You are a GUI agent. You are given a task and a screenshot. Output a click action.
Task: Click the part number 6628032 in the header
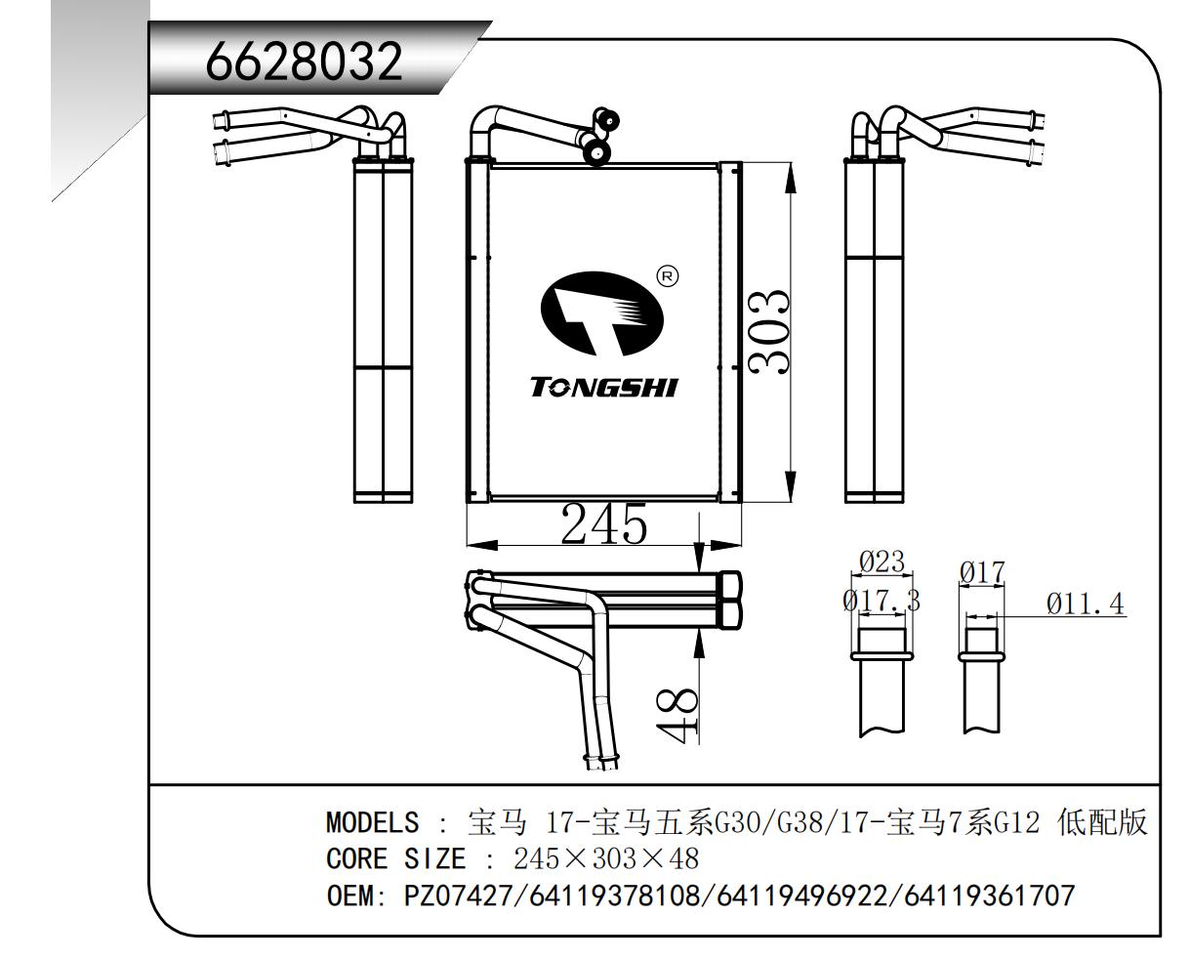click(x=304, y=61)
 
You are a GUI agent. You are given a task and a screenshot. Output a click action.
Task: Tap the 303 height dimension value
click(x=769, y=332)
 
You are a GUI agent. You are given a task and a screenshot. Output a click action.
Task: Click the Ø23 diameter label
click(x=882, y=562)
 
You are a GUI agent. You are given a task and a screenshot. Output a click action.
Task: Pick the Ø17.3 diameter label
click(x=882, y=601)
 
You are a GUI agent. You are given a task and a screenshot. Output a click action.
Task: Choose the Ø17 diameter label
click(x=982, y=572)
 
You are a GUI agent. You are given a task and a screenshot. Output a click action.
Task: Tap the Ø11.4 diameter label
click(x=1085, y=604)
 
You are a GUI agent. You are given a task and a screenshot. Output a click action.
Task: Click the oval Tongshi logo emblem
click(x=601, y=313)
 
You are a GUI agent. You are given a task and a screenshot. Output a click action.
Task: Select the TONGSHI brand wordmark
click(x=604, y=388)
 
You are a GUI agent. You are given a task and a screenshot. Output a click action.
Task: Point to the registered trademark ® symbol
click(x=667, y=276)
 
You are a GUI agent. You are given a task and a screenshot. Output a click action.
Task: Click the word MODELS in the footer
click(x=372, y=823)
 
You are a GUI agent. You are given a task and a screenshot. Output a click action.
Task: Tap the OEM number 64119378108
click(x=615, y=896)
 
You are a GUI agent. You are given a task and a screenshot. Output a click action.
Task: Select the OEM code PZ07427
click(x=459, y=896)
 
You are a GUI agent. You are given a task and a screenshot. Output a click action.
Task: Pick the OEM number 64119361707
click(x=989, y=896)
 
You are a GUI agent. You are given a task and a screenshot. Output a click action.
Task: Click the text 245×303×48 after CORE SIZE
click(x=606, y=858)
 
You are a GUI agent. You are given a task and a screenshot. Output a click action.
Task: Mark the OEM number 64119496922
click(x=802, y=896)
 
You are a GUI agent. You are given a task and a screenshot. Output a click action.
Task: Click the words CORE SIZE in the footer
click(x=396, y=859)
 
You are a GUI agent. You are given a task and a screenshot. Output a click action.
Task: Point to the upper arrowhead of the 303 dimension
click(x=791, y=178)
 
